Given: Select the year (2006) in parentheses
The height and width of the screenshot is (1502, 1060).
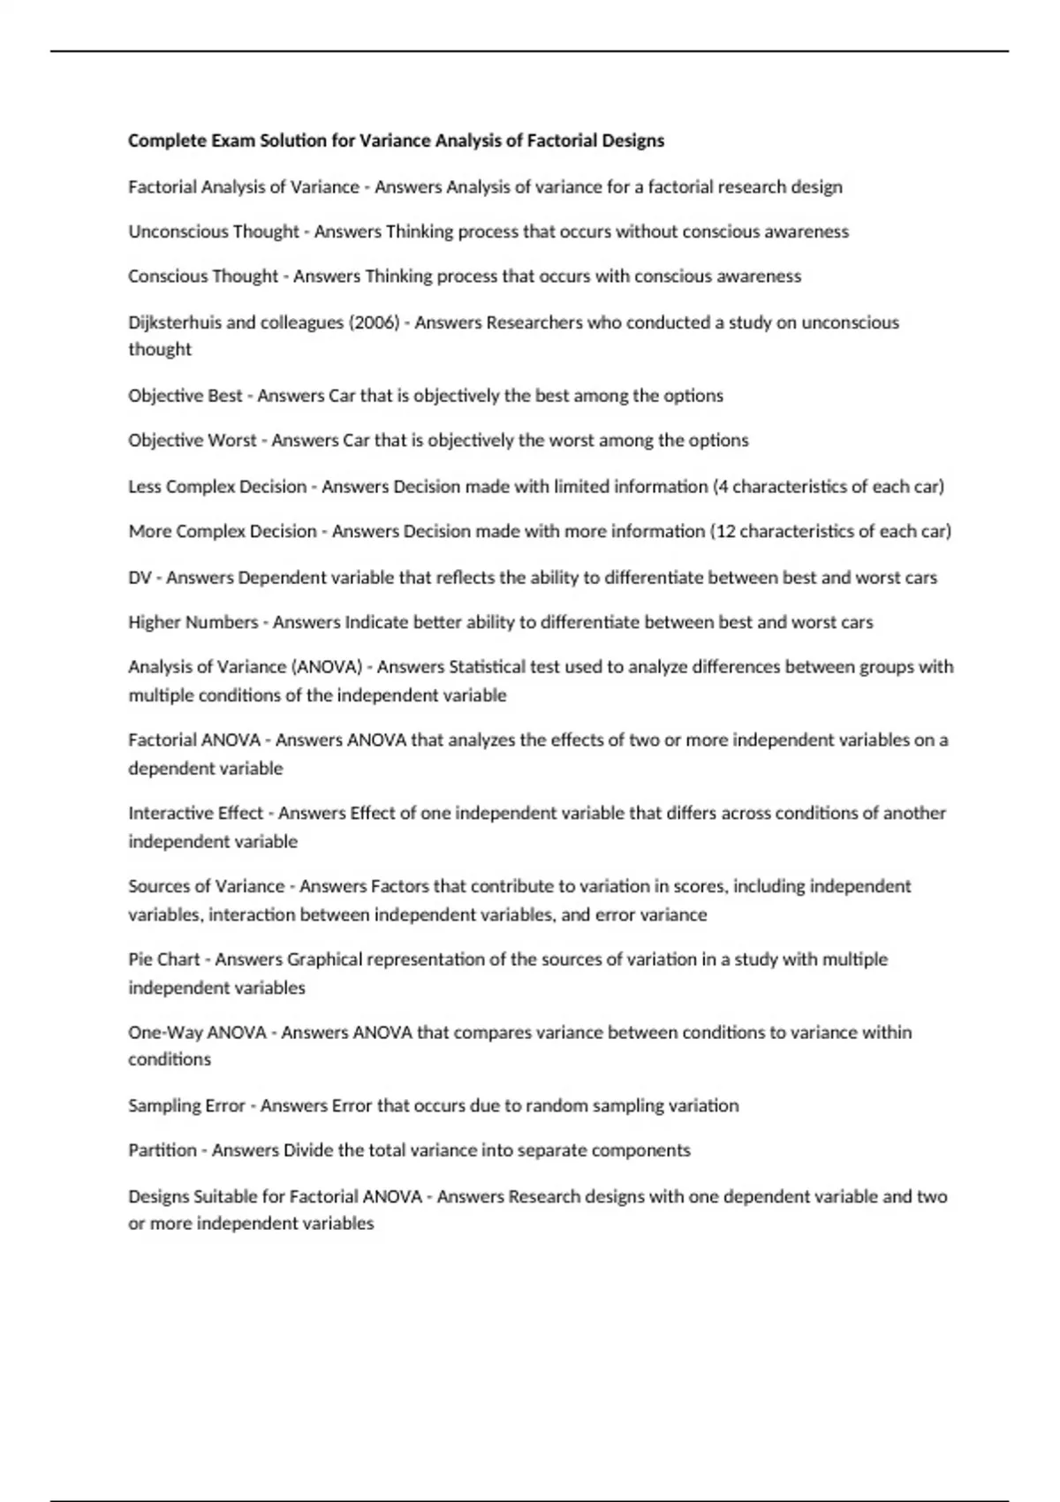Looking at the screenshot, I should pyautogui.click(x=375, y=322).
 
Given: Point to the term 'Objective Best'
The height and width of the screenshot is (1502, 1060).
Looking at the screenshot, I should pyautogui.click(x=185, y=396).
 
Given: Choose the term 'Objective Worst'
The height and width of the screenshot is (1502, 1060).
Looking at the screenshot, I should pyautogui.click(x=192, y=440).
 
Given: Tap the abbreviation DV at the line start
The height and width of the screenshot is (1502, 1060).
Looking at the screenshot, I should pyautogui.click(x=140, y=578).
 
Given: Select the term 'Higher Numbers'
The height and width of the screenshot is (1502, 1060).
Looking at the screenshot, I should pyautogui.click(x=193, y=622).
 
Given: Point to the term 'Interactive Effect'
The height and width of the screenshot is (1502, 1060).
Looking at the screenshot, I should pyautogui.click(x=195, y=813).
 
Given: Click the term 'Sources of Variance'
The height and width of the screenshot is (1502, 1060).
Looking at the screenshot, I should pyautogui.click(x=206, y=886).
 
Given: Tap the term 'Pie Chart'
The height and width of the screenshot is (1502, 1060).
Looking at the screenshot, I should pyautogui.click(x=163, y=960).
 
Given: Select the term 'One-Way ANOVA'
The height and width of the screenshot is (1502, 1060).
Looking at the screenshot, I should pyautogui.click(x=197, y=1032).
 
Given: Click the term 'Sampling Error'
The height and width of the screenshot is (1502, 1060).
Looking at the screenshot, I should pyautogui.click(x=186, y=1105).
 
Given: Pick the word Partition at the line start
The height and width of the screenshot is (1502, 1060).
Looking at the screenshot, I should pyautogui.click(x=163, y=1150).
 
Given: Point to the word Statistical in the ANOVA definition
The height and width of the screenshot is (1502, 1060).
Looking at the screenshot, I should pyautogui.click(x=487, y=667).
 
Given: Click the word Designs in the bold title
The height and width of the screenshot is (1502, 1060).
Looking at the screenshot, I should pyautogui.click(x=632, y=140).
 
